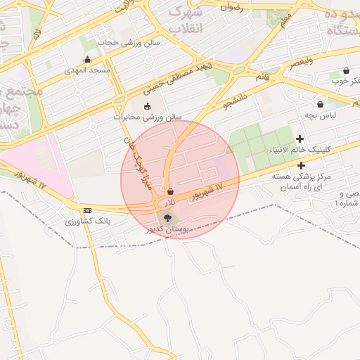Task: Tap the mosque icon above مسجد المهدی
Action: pyautogui.click(x=87, y=60)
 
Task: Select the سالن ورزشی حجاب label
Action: pyautogui.click(x=139, y=42)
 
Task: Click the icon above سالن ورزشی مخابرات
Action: pyautogui.click(x=147, y=107)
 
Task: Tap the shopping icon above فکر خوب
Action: pyautogui.click(x=346, y=71)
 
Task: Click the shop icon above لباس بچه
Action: pyautogui.click(x=320, y=104)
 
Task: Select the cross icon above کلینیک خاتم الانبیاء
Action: pyautogui.click(x=300, y=139)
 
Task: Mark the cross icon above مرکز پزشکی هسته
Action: pyautogui.click(x=301, y=165)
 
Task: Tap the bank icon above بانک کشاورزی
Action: pyautogui.click(x=87, y=211)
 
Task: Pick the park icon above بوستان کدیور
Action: pyautogui.click(x=166, y=218)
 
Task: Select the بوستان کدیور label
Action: pyautogui.click(x=167, y=229)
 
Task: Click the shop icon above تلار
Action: pyautogui.click(x=170, y=191)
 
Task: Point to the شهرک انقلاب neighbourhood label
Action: pyautogui.click(x=188, y=20)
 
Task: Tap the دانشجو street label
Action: pyautogui.click(x=237, y=99)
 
